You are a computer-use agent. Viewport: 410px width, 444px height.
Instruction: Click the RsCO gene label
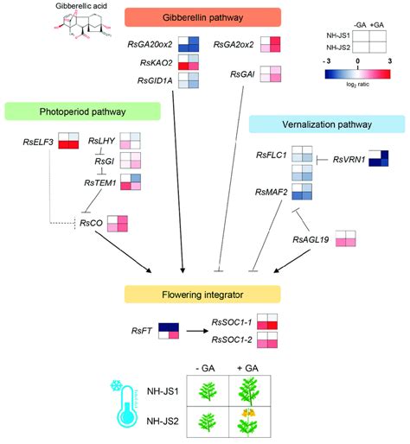click(x=90, y=222)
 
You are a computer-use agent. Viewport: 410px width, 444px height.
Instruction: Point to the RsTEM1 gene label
click(x=100, y=182)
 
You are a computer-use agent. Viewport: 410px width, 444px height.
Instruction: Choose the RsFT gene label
click(x=141, y=330)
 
